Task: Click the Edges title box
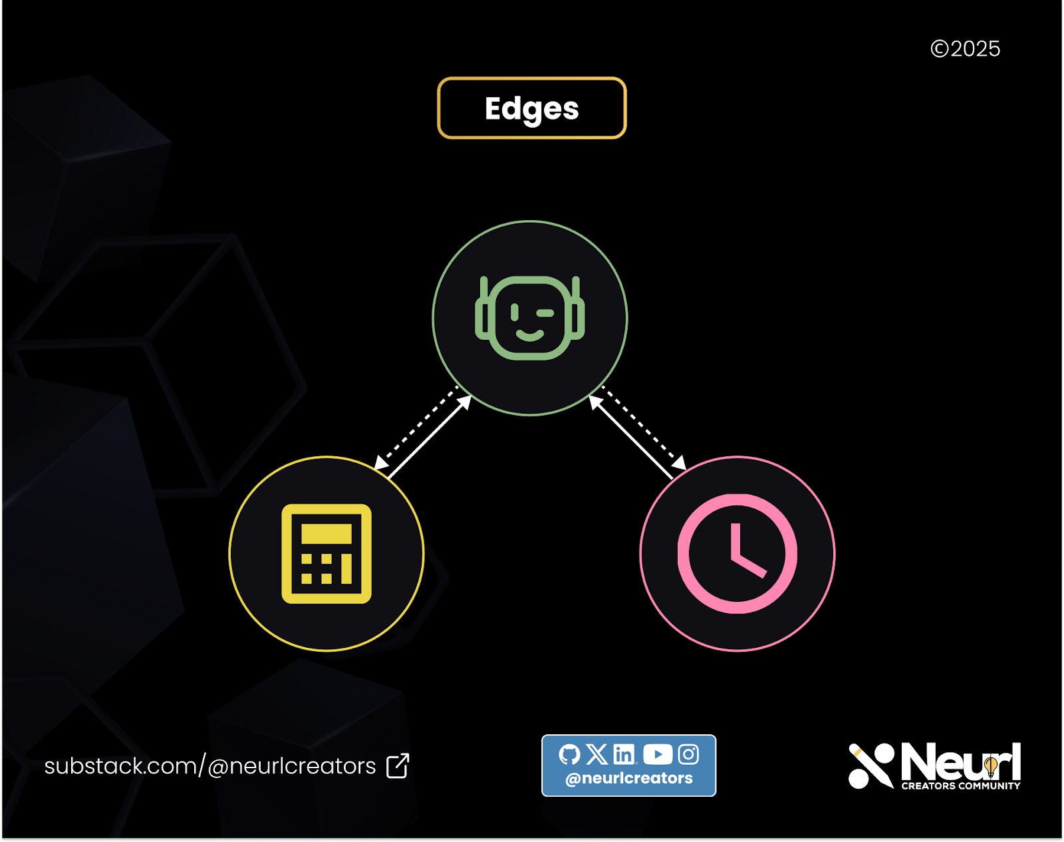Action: [531, 108]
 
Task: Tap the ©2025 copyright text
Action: [965, 49]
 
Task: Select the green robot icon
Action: [530, 318]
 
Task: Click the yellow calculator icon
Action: [327, 553]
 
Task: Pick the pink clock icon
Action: [737, 553]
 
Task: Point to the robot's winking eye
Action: [545, 313]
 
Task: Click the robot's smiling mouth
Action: [530, 335]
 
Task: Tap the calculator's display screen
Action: [327, 533]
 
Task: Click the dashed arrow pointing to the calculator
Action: [415, 428]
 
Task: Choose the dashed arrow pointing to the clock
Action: [644, 428]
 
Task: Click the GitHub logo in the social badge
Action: [569, 754]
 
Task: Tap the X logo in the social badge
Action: [597, 754]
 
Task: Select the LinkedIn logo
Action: [624, 754]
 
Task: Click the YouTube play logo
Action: [658, 754]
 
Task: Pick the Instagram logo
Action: [688, 754]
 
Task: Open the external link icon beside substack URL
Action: [398, 766]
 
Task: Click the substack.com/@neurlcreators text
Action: [210, 766]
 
